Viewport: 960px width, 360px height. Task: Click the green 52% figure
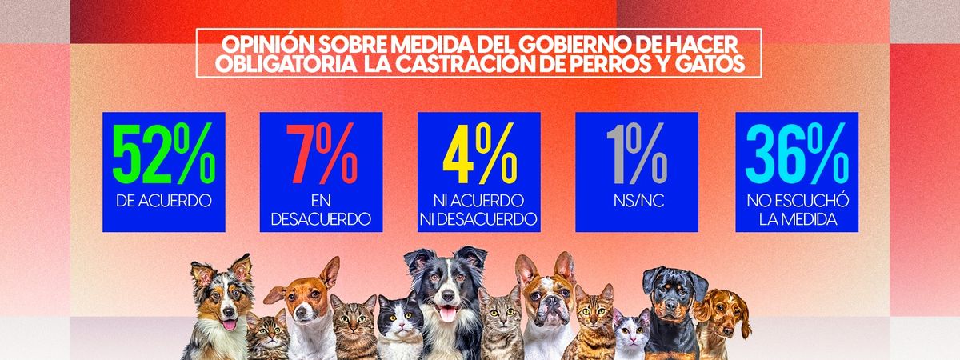[163, 155]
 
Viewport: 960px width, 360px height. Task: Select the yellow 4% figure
[478, 155]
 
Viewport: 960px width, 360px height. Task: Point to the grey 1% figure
[636, 155]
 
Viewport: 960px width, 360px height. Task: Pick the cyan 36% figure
[795, 155]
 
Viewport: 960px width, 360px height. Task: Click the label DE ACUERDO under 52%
[163, 201]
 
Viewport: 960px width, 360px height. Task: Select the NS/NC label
[636, 201]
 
